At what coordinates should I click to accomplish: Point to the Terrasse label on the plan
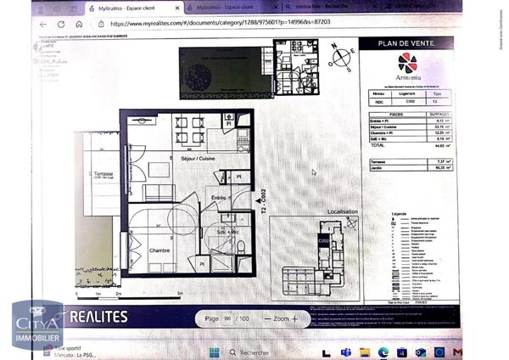(x=104, y=173)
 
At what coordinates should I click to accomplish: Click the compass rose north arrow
(x=341, y=57)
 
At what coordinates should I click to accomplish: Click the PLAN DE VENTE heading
(x=406, y=43)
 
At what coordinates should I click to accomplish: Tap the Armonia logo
(x=407, y=66)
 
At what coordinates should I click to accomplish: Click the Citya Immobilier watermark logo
(x=36, y=326)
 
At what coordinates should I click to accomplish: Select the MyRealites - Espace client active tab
(x=127, y=8)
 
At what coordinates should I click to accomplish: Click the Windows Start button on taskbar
(x=214, y=352)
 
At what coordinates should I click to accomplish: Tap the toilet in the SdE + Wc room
(x=240, y=247)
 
